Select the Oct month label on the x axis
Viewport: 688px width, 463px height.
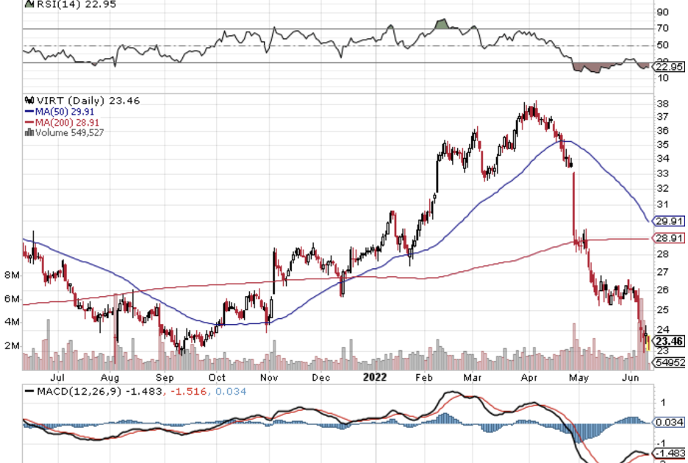(x=217, y=377)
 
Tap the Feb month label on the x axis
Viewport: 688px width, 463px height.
(x=423, y=377)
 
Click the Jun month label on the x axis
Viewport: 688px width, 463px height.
(x=631, y=377)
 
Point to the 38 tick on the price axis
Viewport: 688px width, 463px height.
(x=662, y=104)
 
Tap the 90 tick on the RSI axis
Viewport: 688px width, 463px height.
(x=662, y=12)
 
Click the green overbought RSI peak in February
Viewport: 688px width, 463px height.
(x=442, y=24)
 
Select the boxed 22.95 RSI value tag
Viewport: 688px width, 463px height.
(x=669, y=65)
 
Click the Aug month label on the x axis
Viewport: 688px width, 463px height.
(x=112, y=377)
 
